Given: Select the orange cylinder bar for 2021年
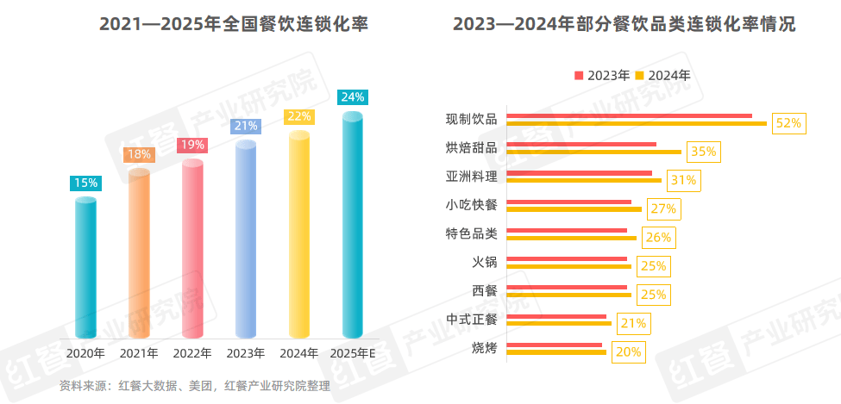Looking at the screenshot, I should (139, 254).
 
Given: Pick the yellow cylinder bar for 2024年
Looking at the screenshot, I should (299, 234).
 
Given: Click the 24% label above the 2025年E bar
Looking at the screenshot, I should (353, 97).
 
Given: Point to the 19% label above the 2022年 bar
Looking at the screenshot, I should (192, 146).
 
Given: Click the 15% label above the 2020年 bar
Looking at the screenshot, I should (85, 183).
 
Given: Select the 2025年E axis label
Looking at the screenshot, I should (353, 353).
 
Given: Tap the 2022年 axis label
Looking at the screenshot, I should (192, 353).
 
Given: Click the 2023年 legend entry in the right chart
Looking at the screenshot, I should (602, 75).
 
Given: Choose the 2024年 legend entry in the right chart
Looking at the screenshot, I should (662, 75).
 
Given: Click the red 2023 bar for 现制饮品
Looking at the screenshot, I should (629, 115).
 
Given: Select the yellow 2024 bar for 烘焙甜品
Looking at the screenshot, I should (593, 152).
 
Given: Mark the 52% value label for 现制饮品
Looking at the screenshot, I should (788, 123).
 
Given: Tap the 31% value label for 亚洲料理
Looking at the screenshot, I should (683, 180).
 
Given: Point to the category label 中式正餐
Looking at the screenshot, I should (472, 319).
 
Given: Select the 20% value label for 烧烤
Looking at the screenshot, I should (629, 351).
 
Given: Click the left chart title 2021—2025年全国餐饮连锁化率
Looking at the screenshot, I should (234, 25).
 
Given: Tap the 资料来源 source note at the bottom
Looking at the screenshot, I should (194, 386).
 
